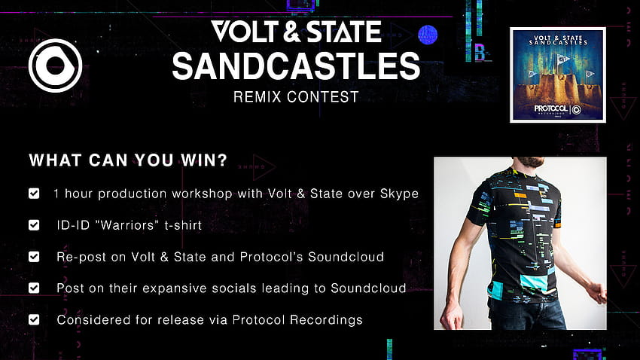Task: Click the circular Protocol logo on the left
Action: tap(55, 66)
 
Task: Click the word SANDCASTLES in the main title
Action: tap(296, 66)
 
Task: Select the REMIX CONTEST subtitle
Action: tap(296, 97)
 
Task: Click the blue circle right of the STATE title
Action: tap(428, 35)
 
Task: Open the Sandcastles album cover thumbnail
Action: tap(557, 75)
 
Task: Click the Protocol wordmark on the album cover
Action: tap(551, 108)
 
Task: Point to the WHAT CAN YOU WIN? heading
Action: tap(128, 160)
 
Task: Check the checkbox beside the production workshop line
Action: tap(34, 194)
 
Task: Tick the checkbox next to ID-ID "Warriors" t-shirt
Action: tap(34, 225)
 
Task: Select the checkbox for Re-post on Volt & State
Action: tap(34, 257)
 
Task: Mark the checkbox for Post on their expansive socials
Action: tap(34, 288)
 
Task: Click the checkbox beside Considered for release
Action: tap(34, 319)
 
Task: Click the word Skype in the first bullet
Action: tap(399, 194)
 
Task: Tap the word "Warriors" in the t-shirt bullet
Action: tap(130, 225)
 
